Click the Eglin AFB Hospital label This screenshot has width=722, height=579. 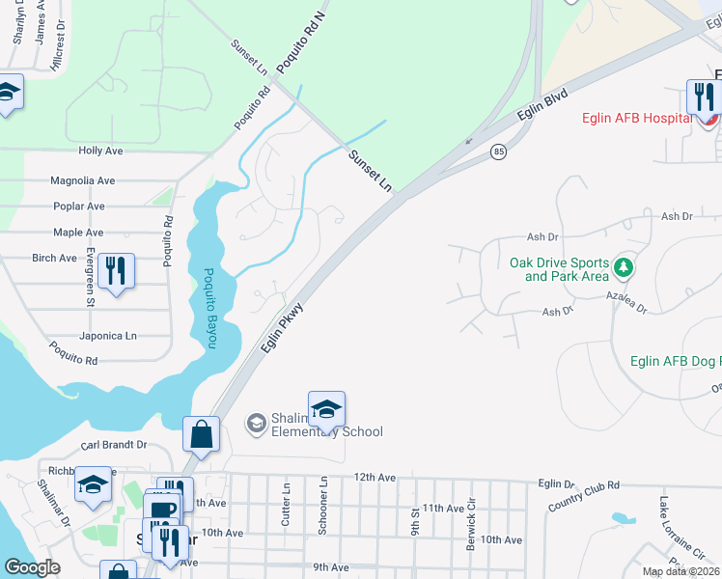(x=636, y=119)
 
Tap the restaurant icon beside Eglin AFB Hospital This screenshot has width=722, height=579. (x=703, y=97)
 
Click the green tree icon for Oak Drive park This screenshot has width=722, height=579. (x=625, y=264)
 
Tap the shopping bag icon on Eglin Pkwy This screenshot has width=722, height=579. (x=201, y=434)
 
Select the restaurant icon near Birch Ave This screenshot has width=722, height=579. (x=116, y=270)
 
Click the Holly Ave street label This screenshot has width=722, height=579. (x=100, y=152)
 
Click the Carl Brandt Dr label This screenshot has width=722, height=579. (x=114, y=445)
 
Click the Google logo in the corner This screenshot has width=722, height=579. (x=32, y=567)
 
